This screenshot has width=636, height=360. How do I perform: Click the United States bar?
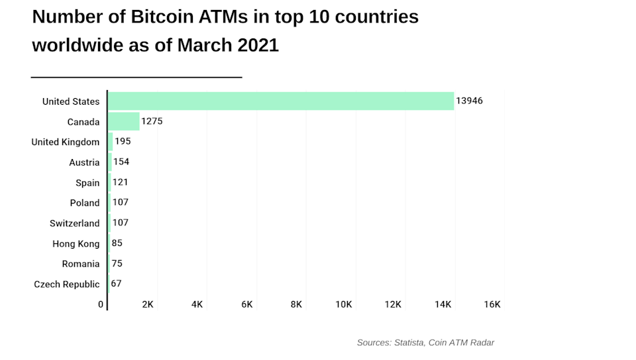click(x=280, y=101)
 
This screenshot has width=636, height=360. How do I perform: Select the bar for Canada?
click(x=123, y=121)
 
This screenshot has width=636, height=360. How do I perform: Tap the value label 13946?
click(x=469, y=101)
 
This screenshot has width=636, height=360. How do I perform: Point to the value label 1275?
click(x=152, y=121)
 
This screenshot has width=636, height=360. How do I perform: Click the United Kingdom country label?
click(x=66, y=142)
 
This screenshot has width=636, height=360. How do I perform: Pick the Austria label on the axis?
click(x=84, y=162)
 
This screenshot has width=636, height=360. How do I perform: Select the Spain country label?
click(x=87, y=183)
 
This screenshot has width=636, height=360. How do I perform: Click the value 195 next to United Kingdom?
click(x=123, y=142)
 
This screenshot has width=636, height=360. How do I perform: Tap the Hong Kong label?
click(x=76, y=244)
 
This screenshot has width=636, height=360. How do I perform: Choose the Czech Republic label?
click(x=67, y=284)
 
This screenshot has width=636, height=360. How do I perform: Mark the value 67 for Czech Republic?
click(x=116, y=284)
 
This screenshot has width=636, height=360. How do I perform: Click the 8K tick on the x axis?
click(x=296, y=304)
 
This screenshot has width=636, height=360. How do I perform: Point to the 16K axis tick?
click(x=492, y=304)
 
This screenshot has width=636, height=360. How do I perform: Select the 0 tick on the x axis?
click(x=101, y=304)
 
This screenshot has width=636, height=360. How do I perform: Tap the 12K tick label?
click(x=393, y=304)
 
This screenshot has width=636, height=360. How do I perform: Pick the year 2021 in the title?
click(x=255, y=46)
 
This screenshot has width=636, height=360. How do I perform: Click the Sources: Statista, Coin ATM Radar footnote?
click(x=425, y=343)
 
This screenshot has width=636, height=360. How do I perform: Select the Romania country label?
click(x=81, y=264)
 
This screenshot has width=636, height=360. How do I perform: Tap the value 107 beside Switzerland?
click(x=120, y=223)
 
